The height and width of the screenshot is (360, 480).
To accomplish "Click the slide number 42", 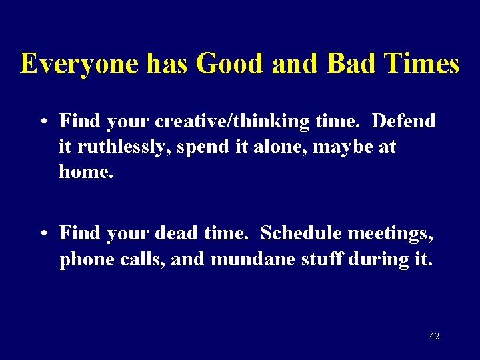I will click(x=434, y=337).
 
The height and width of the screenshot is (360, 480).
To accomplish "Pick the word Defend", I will click(x=403, y=121).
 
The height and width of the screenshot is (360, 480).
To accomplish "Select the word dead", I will click(x=177, y=233).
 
